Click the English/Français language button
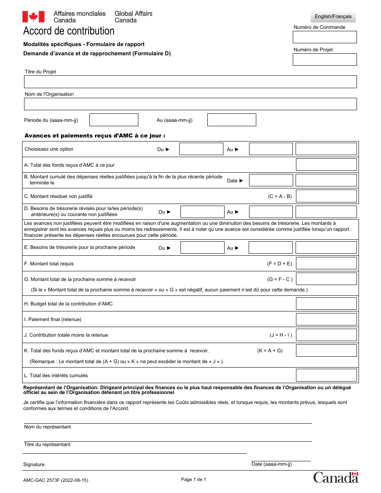[333, 16]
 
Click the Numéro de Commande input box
[324, 37]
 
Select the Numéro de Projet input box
[324, 59]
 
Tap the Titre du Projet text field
[190, 82]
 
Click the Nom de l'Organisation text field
[190, 104]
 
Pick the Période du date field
[113, 120]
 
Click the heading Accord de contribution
[69, 31]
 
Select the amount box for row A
[326, 165]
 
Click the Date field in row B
[271, 180]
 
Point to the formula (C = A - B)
[280, 196]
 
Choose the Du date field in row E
[202, 248]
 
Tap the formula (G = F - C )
[280, 279]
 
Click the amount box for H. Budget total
[326, 304]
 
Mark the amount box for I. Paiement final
[326, 319]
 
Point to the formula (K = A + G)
[270, 351]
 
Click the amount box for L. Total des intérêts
[326, 375]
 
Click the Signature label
[34, 465]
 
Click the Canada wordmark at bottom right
[336, 477]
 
